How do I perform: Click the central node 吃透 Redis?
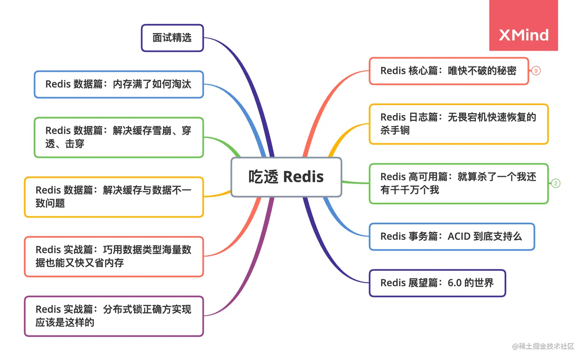[286, 177]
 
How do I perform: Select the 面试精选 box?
[172, 38]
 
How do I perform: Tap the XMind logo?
[523, 35]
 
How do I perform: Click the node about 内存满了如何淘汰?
[119, 84]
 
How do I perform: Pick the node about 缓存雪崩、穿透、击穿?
[119, 138]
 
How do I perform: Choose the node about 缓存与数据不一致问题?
[114, 197]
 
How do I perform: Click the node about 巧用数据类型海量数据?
[114, 256]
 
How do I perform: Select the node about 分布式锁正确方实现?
[114, 316]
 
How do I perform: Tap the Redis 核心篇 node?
[448, 71]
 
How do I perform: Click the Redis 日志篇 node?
[458, 124]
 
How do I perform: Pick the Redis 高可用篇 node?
[458, 183]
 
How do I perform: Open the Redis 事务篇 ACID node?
[452, 236]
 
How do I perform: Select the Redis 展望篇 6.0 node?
[437, 283]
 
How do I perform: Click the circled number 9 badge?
[536, 71]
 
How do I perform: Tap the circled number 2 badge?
[555, 183]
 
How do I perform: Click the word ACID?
[459, 236]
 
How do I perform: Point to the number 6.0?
[455, 283]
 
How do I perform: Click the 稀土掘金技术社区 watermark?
[543, 346]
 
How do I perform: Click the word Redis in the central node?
[303, 177]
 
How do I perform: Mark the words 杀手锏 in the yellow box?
[395, 131]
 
